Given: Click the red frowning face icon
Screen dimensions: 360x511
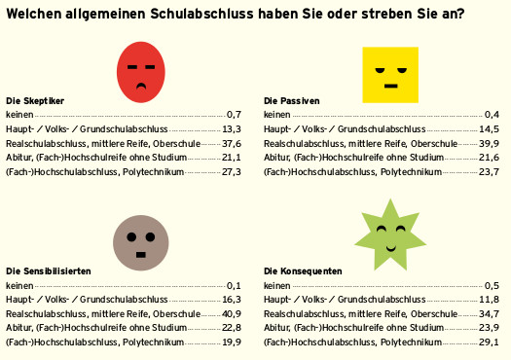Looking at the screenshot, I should click(x=142, y=74).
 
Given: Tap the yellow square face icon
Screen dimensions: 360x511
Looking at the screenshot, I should click(x=389, y=74).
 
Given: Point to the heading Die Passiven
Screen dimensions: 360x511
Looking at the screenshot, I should click(x=291, y=100).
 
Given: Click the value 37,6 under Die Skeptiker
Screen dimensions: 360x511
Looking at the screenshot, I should click(x=231, y=143).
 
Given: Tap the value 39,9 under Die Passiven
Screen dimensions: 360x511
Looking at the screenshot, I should click(x=489, y=143).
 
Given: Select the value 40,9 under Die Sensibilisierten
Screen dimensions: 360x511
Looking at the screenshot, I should click(x=231, y=313).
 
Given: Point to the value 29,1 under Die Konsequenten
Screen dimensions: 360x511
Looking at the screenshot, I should click(x=489, y=342).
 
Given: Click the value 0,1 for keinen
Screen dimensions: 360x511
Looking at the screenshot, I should click(x=234, y=285).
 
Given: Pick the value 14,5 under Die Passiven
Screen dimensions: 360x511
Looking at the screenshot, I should click(x=489, y=128).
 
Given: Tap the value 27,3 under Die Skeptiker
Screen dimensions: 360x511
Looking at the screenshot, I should click(x=231, y=172).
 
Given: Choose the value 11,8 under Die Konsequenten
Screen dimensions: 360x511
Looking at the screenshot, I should click(x=489, y=300).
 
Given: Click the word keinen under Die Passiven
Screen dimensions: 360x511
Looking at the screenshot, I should click(x=277, y=115).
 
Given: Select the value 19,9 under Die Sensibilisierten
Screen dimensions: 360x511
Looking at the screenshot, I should click(x=231, y=342).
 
